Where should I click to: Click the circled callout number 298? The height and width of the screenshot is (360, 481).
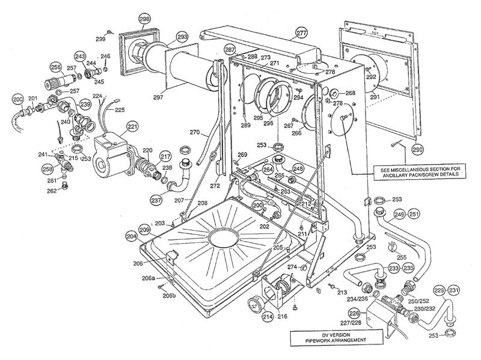(145, 19)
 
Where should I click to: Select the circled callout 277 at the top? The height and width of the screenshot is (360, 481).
(301, 33)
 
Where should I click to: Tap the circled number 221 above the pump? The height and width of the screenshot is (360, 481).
(132, 127)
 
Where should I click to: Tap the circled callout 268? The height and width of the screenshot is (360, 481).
(350, 93)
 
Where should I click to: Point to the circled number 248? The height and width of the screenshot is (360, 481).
(298, 169)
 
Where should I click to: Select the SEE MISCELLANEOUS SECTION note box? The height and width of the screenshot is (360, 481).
(420, 171)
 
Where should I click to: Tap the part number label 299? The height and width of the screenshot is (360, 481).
(100, 39)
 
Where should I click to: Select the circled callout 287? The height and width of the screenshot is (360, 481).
(230, 49)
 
